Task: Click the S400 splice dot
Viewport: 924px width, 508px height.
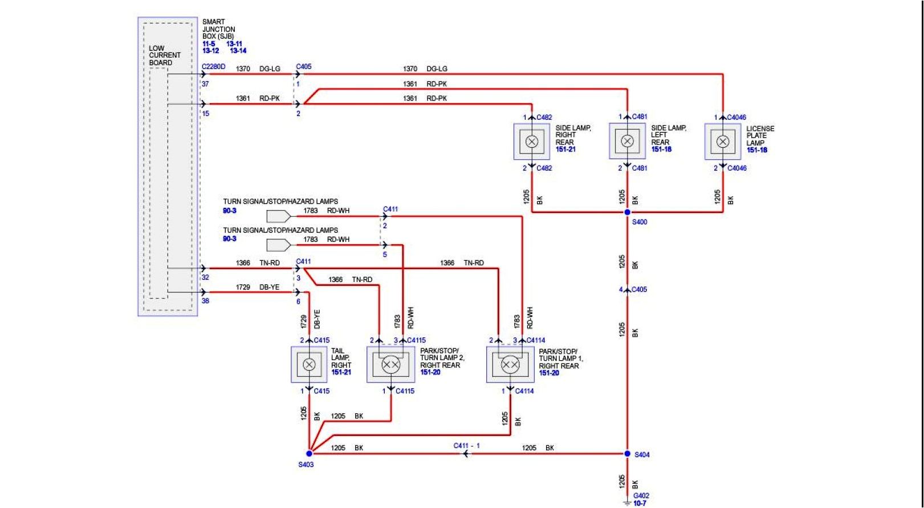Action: (627, 212)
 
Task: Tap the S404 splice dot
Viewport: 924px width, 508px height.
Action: (627, 454)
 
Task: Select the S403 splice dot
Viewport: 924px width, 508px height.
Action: (310, 454)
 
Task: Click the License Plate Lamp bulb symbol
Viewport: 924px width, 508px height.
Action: (723, 142)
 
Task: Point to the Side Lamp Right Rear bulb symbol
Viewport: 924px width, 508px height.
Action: (532, 142)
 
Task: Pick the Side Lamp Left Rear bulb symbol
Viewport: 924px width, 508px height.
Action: (627, 142)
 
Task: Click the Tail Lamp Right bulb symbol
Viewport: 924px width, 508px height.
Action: (310, 364)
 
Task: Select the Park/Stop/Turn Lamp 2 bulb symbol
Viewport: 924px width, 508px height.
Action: (391, 364)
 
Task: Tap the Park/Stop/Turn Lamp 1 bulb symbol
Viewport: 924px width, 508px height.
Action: (510, 364)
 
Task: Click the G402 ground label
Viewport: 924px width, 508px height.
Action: (641, 495)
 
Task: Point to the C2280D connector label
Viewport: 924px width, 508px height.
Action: (214, 67)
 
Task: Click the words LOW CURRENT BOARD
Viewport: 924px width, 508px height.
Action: (164, 55)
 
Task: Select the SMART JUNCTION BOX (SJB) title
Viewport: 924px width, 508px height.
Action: (218, 29)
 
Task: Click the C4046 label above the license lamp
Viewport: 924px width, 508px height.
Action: (736, 118)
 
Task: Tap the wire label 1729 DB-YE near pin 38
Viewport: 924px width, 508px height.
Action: (258, 287)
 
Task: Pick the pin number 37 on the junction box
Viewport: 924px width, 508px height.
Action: (205, 84)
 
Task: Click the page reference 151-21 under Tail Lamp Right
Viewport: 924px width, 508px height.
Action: (341, 372)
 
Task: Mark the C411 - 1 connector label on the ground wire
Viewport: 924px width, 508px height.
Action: (466, 446)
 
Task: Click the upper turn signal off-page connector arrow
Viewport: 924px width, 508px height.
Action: (279, 216)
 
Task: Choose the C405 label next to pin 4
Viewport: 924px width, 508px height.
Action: (639, 289)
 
